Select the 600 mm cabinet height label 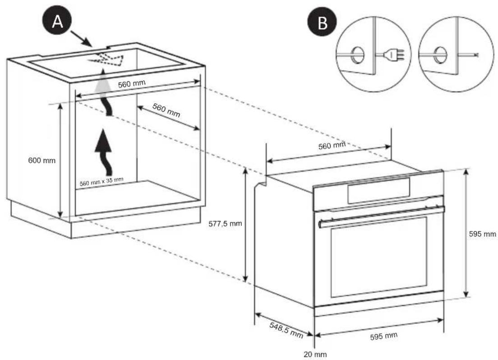click(41, 161)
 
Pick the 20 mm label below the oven click(314, 354)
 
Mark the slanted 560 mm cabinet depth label click(166, 110)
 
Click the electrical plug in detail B click(392, 55)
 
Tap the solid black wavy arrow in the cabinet click(105, 151)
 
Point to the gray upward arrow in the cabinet click(104, 90)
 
